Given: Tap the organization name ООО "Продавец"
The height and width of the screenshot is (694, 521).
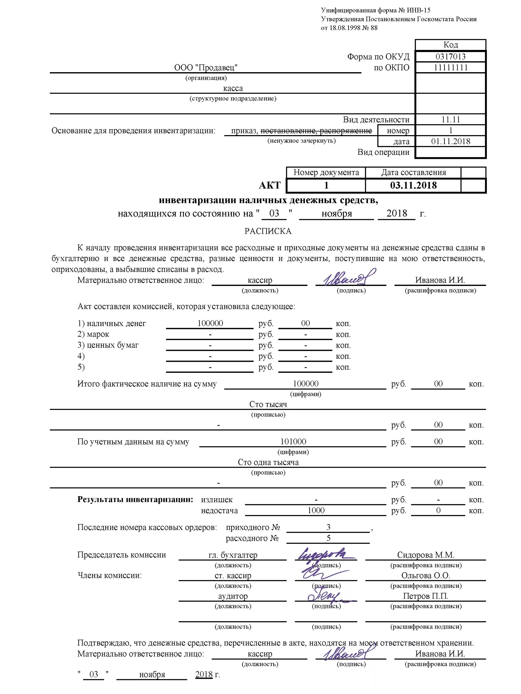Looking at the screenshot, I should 206,68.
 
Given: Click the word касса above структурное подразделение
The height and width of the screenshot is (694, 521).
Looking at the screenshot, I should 233,88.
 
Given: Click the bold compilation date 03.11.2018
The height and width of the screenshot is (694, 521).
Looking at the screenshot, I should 413,186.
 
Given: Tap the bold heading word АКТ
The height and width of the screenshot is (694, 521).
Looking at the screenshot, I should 270,186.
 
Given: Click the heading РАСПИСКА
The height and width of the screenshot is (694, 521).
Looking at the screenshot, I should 268,231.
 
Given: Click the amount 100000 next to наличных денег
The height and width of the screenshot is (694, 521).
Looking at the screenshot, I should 210,323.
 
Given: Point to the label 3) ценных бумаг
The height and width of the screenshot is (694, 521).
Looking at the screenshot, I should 108,345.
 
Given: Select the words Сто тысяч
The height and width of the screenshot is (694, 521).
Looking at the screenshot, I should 268,404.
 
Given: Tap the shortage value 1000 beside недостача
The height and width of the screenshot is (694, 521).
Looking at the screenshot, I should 316,511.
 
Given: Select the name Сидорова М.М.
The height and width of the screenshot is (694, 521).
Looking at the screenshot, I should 425,555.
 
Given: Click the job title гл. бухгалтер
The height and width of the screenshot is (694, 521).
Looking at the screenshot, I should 233,555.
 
